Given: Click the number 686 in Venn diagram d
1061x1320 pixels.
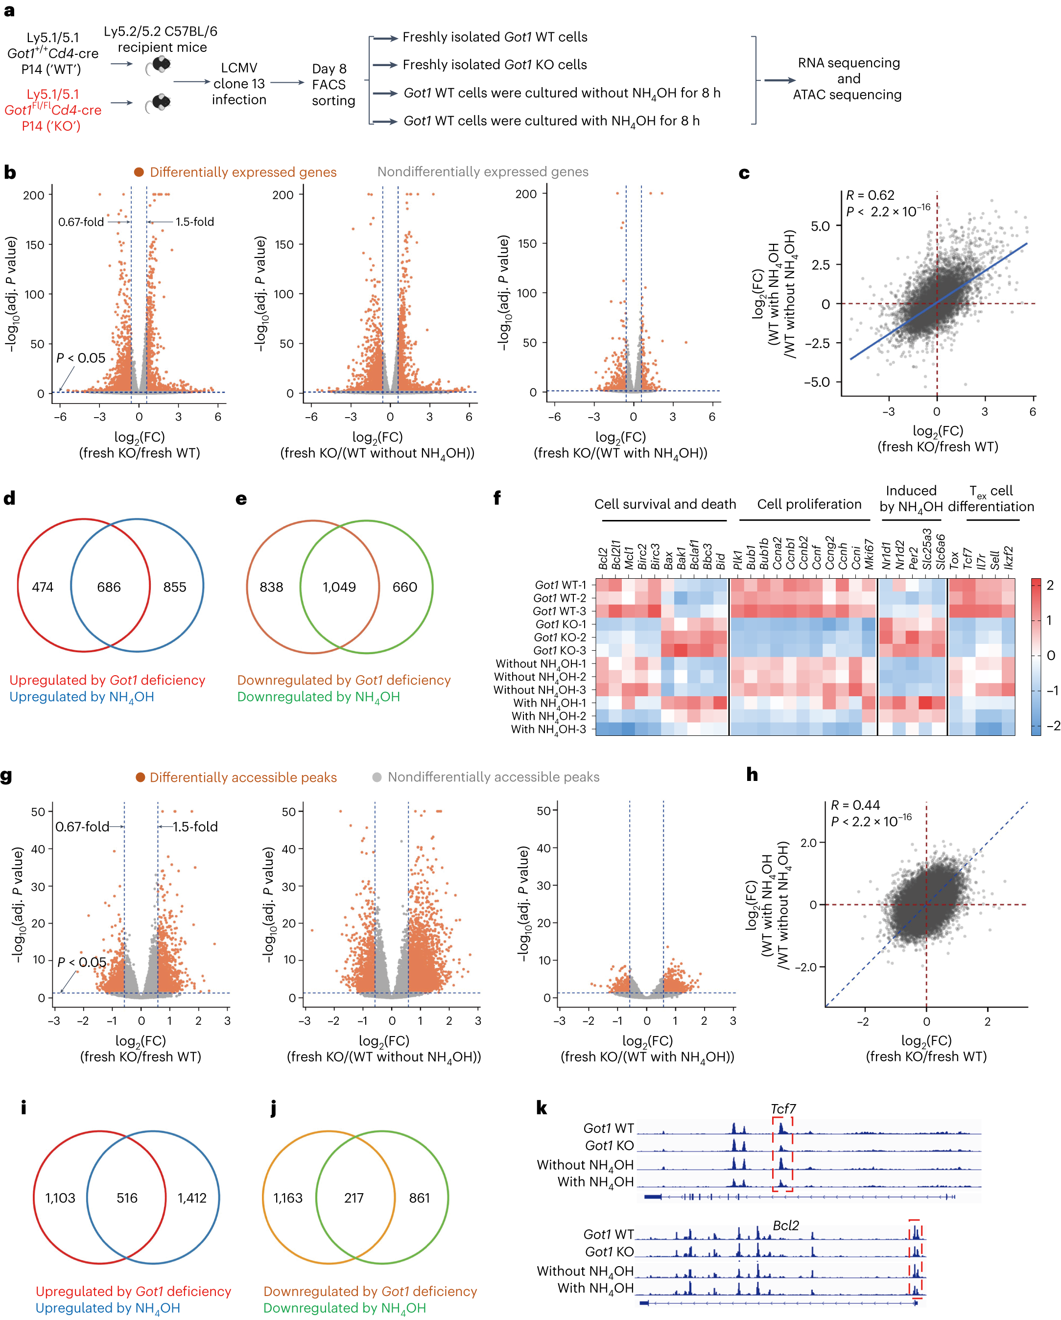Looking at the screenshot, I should (x=109, y=587).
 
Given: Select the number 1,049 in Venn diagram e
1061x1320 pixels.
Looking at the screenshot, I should (x=339, y=587).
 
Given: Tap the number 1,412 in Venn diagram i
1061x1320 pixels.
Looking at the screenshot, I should (x=192, y=1198).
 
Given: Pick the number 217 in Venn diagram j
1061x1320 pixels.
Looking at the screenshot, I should (x=354, y=1198).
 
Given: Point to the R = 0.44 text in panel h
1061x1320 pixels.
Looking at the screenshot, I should (x=855, y=805).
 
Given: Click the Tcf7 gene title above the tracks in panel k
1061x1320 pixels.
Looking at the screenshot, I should (x=783, y=1109).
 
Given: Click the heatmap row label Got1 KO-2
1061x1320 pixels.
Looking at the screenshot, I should (x=560, y=637).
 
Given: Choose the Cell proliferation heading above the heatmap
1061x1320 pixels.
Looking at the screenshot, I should (x=809, y=504).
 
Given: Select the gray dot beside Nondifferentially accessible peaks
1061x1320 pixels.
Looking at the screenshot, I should (x=377, y=777).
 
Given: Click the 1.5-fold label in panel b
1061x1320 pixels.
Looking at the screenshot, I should (x=195, y=222).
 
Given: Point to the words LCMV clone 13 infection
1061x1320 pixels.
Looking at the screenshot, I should (x=239, y=84).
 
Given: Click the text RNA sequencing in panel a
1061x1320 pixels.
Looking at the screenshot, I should (x=849, y=63).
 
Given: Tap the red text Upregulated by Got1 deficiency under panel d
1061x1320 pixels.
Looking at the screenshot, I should (x=107, y=680).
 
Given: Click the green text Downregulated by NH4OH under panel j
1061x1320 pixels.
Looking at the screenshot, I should (x=344, y=1308).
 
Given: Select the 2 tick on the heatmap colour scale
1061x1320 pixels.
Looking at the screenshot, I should (x=1050, y=585).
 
